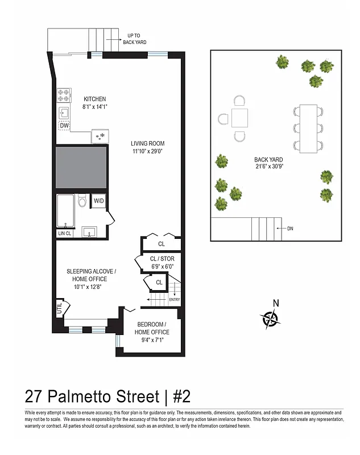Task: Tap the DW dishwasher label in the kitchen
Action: [64, 126]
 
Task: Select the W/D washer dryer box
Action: [99, 201]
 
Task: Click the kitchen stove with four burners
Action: [64, 94]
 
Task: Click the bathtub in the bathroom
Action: [65, 210]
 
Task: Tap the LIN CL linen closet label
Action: [65, 233]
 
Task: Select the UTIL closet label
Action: [59, 309]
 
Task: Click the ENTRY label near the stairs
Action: [175, 300]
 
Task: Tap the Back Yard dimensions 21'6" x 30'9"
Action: [269, 163]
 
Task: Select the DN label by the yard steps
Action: [290, 229]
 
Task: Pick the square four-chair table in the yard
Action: [239, 118]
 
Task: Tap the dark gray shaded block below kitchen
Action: [81, 168]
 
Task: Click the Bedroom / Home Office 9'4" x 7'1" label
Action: [152, 336]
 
